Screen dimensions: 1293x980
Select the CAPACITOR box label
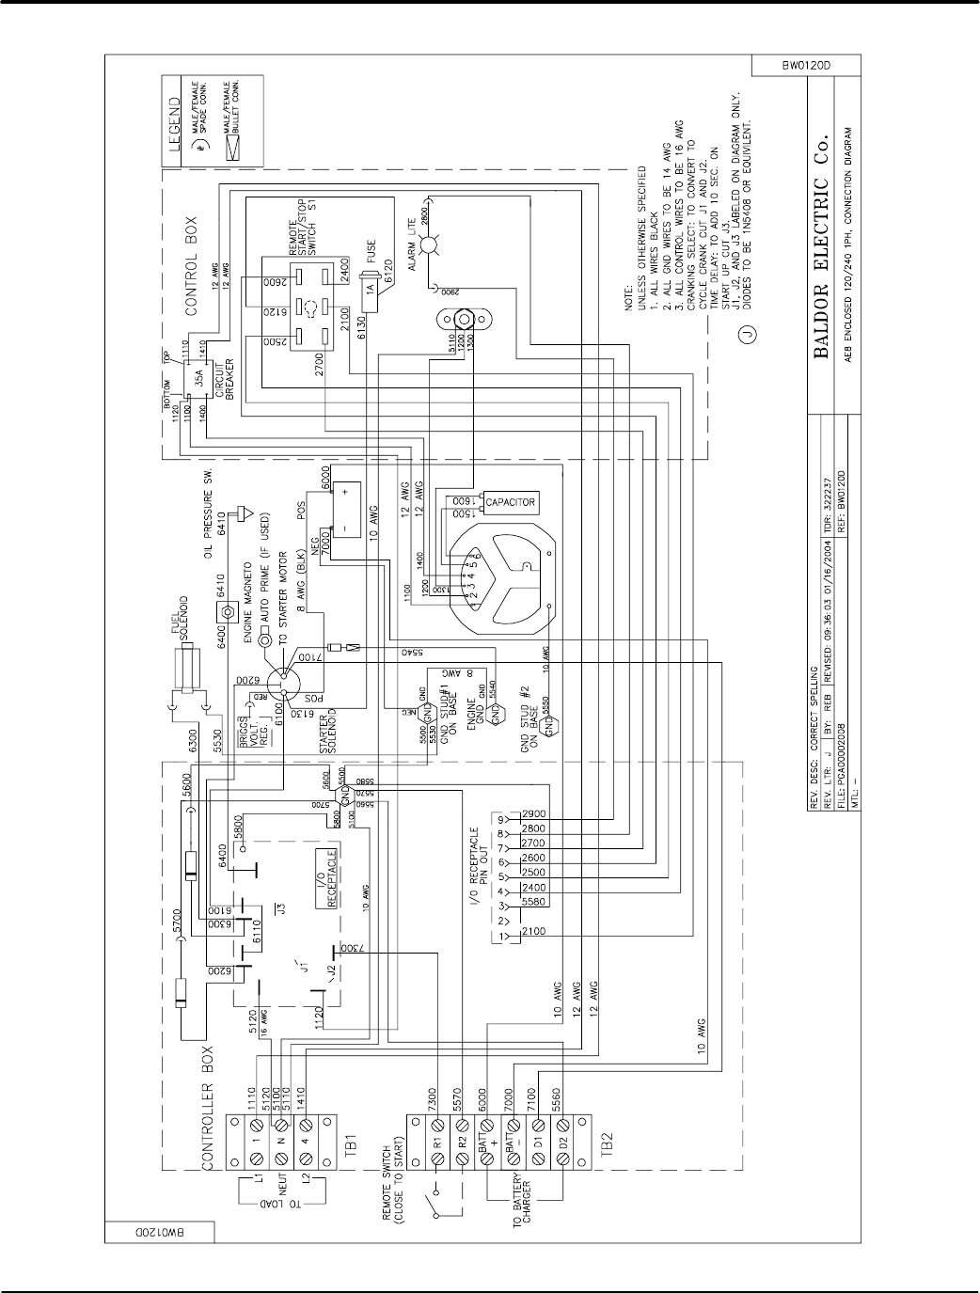512,502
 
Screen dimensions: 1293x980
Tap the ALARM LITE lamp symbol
431,246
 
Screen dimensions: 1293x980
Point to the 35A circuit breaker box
199,383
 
